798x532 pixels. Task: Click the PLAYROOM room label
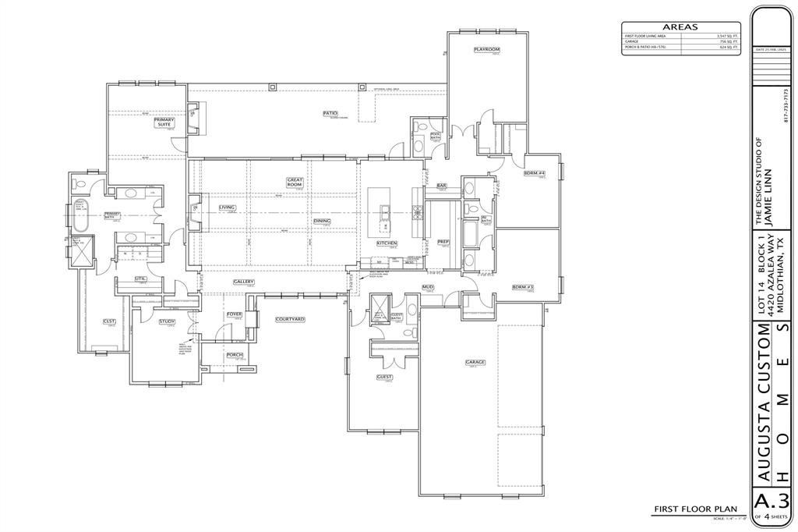click(x=487, y=49)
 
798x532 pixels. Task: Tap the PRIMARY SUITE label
click(x=164, y=122)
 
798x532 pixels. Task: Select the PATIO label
click(x=330, y=113)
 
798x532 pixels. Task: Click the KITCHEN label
click(x=387, y=243)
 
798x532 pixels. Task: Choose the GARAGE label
click(x=475, y=362)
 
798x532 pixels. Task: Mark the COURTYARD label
click(x=289, y=320)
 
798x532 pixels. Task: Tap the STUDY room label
click(x=167, y=321)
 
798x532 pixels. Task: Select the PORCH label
click(x=235, y=355)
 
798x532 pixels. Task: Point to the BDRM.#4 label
click(x=534, y=173)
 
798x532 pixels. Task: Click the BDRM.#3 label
click(x=522, y=287)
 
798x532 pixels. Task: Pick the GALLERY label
click(x=244, y=282)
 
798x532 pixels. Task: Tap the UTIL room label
click(x=140, y=278)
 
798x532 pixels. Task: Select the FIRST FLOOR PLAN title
click(x=695, y=509)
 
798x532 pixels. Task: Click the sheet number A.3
click(x=772, y=500)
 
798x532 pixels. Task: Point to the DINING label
click(x=322, y=221)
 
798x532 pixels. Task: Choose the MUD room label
click(x=428, y=287)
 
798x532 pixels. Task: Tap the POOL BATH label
click(x=435, y=136)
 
